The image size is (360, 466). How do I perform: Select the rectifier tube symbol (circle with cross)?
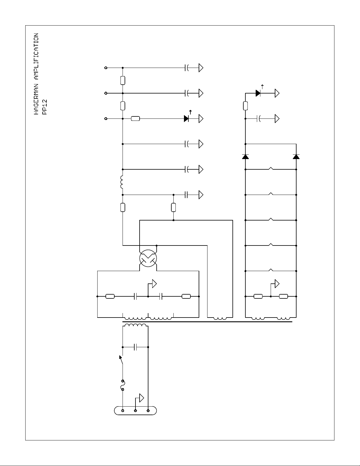tap(148, 258)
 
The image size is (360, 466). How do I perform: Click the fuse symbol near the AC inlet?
tap(123, 385)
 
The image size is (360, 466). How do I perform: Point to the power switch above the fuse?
tap(121, 362)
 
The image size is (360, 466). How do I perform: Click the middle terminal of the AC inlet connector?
tap(135, 410)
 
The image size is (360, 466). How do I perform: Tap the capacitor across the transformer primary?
tap(135, 347)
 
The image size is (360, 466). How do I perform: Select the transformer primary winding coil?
tap(135, 325)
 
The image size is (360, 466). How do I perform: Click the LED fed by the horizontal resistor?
tap(186, 118)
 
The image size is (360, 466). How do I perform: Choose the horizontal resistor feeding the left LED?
tap(135, 118)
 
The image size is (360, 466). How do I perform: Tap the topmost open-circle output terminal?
tap(106, 68)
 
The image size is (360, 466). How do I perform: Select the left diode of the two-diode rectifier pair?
tap(245, 156)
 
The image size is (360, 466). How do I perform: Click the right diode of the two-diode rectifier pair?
tap(296, 156)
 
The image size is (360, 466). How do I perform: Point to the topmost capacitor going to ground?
tap(186, 68)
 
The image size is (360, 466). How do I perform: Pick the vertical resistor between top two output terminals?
tap(123, 80)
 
